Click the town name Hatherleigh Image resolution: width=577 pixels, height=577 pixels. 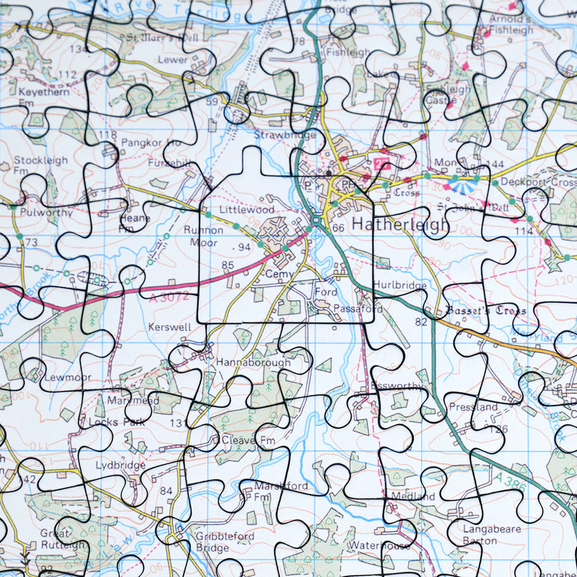coord(400,225)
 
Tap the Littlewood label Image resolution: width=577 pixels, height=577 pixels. coord(247,209)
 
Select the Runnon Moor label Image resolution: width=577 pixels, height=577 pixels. coord(204,236)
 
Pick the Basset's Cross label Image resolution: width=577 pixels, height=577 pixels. coord(486,311)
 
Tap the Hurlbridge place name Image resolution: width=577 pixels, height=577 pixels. coord(400,285)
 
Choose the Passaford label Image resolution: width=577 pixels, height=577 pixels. coord(358,309)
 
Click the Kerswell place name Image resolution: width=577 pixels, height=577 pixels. coord(169,327)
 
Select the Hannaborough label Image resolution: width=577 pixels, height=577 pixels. coord(253,363)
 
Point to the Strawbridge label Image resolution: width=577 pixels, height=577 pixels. coord(285,135)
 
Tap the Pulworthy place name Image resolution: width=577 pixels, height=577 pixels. coord(46,213)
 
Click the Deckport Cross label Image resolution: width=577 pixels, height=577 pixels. coord(538,182)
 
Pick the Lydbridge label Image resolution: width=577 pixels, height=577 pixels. coord(120,465)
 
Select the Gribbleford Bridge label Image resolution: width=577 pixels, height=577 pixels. coord(225,542)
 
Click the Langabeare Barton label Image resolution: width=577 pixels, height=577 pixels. coord(492,535)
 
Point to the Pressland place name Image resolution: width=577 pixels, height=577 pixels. coord(473,407)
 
